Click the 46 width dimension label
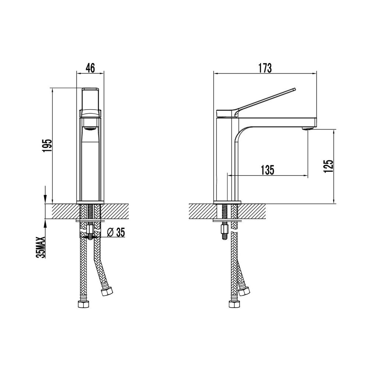(91, 68)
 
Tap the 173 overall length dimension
(265, 68)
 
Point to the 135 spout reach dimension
(268, 170)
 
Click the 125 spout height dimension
(328, 166)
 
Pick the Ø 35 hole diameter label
(116, 232)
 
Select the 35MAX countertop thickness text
(40, 247)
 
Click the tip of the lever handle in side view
(294, 89)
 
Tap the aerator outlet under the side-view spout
(307, 128)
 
